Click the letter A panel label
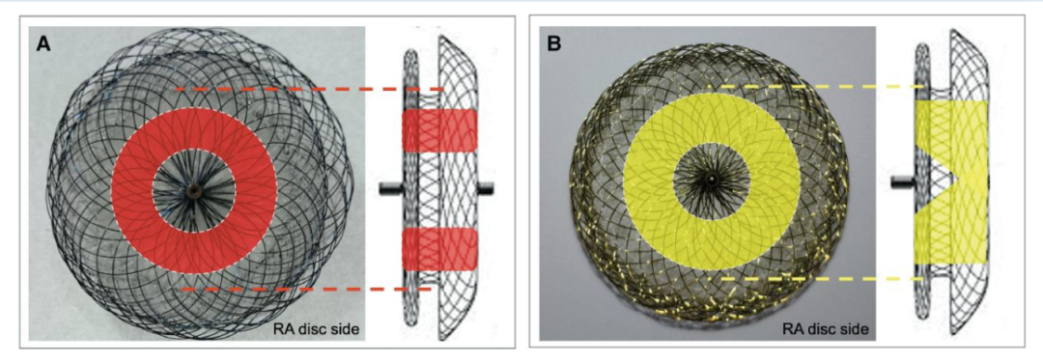click(x=43, y=44)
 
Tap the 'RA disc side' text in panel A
click(x=316, y=328)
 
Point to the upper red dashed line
click(x=310, y=89)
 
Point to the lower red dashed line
click(x=307, y=290)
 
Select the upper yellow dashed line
click(x=815, y=87)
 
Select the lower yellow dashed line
click(x=822, y=279)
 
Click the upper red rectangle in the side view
click(x=439, y=129)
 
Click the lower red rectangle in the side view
click(x=439, y=249)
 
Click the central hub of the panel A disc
click(x=193, y=191)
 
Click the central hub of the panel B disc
click(x=711, y=181)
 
